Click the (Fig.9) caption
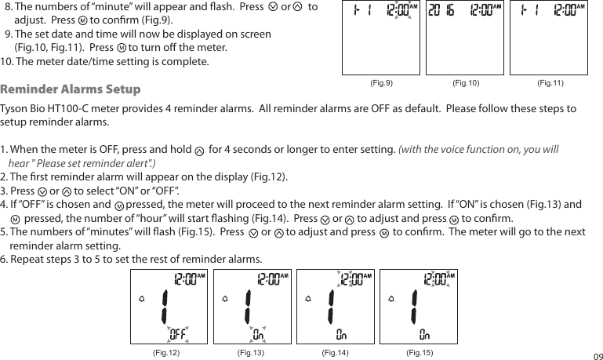click(381, 82)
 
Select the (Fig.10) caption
click(466, 82)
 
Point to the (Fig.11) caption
click(550, 82)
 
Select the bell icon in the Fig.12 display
click(141, 298)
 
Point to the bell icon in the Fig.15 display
click(394, 298)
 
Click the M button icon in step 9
click(120, 48)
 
